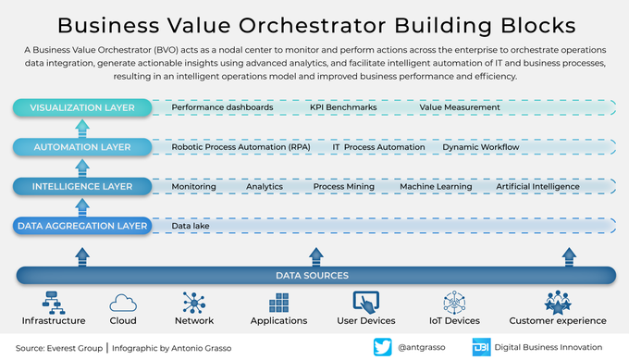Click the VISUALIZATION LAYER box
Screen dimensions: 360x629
tap(81, 107)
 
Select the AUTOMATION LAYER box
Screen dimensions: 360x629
tap(81, 146)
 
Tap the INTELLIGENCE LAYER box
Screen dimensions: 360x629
tap(81, 186)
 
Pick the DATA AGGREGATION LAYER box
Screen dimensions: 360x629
tap(81, 225)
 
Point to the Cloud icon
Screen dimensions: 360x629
tap(123, 303)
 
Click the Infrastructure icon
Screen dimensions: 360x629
tap(54, 302)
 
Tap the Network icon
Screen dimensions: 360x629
tap(193, 303)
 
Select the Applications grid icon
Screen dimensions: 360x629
tap(279, 304)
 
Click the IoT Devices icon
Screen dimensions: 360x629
tap(455, 303)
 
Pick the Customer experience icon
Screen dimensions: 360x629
tap(557, 303)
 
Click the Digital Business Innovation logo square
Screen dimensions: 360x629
tap(481, 347)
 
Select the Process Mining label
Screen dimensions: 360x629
tap(343, 186)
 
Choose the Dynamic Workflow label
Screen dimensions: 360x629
tap(480, 147)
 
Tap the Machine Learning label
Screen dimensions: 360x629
tap(436, 186)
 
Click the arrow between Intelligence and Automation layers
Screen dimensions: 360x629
tap(81, 167)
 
